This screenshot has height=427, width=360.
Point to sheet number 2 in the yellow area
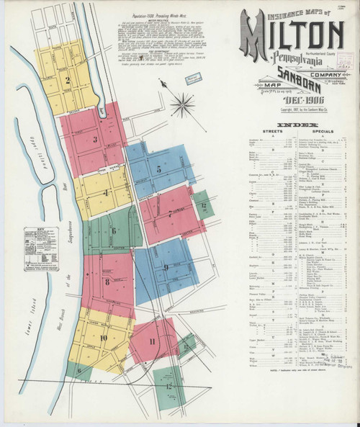coord(68,80)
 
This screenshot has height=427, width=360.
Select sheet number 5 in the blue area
coord(158,170)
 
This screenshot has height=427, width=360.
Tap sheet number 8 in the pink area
coord(107,282)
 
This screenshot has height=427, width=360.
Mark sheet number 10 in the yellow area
coord(104,337)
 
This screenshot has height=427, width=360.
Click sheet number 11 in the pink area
coord(152,341)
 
